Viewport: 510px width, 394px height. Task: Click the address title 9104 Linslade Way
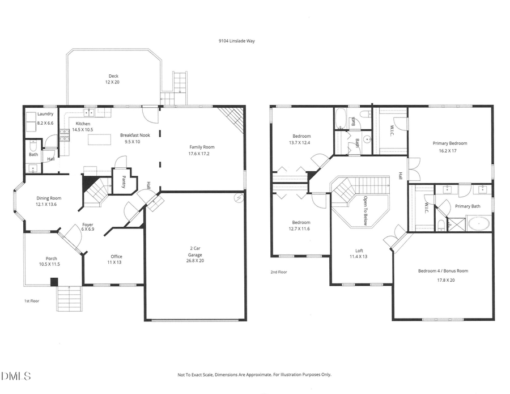[x=237, y=41]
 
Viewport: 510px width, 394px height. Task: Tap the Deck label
[x=114, y=76]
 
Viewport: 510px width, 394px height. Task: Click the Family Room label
[x=202, y=147]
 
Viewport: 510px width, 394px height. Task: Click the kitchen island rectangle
[x=99, y=139]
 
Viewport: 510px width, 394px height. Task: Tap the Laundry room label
[x=45, y=114]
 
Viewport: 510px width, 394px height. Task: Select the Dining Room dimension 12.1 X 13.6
[x=46, y=204]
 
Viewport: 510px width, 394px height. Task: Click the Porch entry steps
[x=70, y=299]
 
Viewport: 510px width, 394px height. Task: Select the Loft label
[x=359, y=250]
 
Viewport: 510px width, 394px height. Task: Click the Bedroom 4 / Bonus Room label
[x=443, y=271]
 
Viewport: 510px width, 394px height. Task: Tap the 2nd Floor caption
[x=278, y=272]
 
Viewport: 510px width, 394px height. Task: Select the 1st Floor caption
[x=32, y=300]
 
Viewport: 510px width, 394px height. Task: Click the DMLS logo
[x=16, y=376]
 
